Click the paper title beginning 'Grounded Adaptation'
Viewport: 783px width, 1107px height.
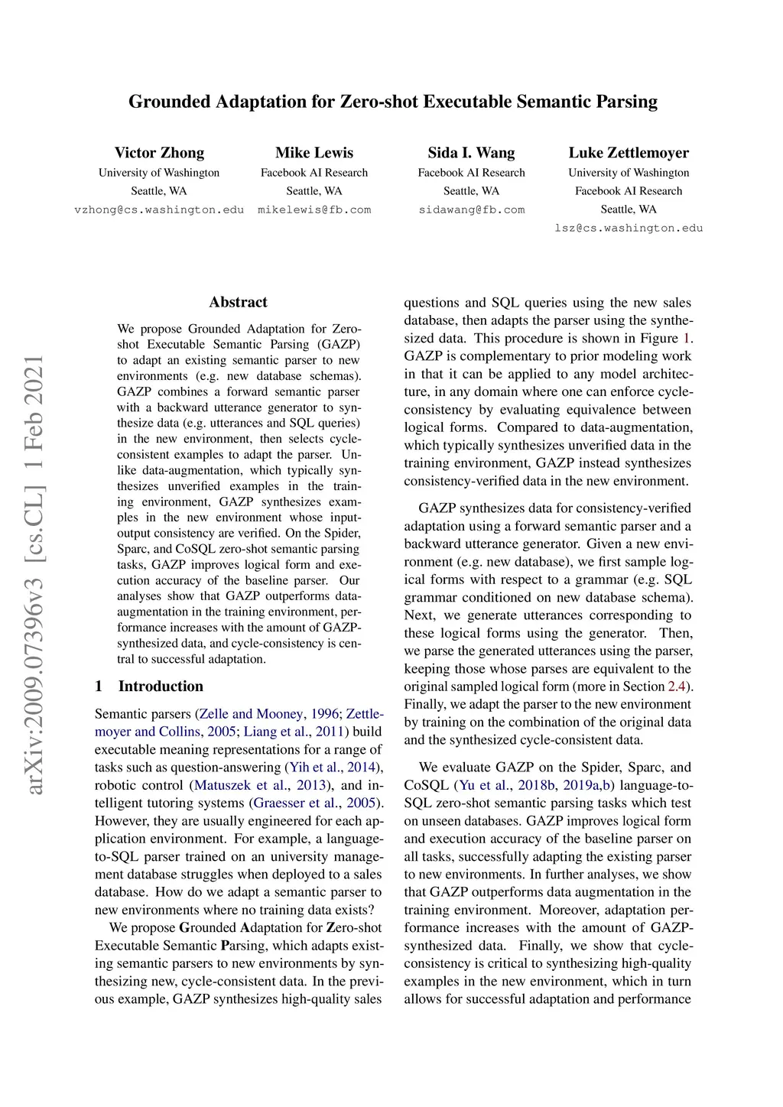392,102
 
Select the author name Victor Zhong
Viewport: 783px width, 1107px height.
159,153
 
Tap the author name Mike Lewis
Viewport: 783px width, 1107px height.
314,153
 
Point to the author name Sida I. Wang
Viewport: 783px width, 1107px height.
471,153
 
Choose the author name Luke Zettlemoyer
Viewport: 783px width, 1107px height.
629,153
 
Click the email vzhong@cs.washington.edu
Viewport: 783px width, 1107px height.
159,209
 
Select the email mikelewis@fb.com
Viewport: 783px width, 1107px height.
314,209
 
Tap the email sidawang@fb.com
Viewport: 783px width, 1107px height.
471,209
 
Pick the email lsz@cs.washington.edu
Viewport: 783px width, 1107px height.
629,228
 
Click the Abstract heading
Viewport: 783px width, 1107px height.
238,302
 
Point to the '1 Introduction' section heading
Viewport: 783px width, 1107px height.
149,686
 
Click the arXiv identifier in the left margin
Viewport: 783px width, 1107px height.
34,573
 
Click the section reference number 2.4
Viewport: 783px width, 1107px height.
676,687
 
